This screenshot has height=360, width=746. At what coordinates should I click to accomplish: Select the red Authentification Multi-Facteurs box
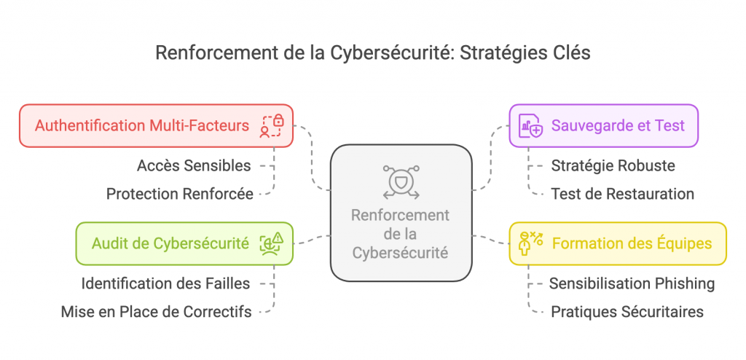click(156, 125)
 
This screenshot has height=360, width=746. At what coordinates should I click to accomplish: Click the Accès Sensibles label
click(194, 165)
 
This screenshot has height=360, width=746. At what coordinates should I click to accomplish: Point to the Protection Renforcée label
click(179, 194)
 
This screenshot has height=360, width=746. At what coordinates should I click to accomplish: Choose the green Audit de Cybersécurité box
click(184, 243)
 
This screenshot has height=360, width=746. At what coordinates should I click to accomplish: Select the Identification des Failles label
click(166, 283)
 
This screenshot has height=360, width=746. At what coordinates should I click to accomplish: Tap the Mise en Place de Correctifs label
click(156, 312)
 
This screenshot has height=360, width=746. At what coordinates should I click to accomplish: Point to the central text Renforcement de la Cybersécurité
click(400, 234)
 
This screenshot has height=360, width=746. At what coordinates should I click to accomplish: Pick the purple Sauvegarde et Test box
click(603, 125)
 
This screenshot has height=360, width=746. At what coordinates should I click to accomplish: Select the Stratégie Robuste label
click(613, 165)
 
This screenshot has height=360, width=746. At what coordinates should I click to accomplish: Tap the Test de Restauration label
click(622, 194)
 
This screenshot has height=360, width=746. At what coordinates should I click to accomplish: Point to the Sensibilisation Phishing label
click(632, 283)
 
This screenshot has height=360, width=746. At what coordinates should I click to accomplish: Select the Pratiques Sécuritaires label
click(627, 312)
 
